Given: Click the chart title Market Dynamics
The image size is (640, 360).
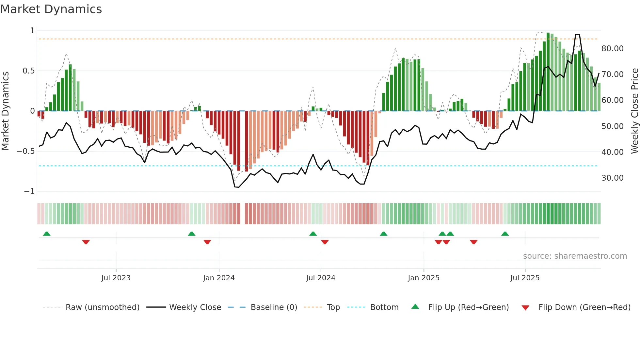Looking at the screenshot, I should pyautogui.click(x=51, y=9).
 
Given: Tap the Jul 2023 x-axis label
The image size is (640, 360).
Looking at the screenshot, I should pyautogui.click(x=116, y=278).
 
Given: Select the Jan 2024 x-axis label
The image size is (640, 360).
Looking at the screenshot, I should pyautogui.click(x=219, y=278).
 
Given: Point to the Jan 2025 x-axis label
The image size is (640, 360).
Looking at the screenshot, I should pyautogui.click(x=424, y=278).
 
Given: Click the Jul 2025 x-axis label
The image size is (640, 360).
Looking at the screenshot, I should pyautogui.click(x=525, y=278).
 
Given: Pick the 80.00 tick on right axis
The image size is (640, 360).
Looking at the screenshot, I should pyautogui.click(x=612, y=49).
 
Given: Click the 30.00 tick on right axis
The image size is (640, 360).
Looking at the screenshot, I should pyautogui.click(x=612, y=178).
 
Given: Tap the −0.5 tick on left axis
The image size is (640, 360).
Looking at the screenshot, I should pyautogui.click(x=25, y=151).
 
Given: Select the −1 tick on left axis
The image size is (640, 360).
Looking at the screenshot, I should pyautogui.click(x=29, y=191).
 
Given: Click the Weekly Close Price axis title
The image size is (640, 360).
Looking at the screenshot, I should pyautogui.click(x=634, y=111).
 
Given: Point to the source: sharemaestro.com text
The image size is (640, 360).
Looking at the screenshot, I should pyautogui.click(x=575, y=256).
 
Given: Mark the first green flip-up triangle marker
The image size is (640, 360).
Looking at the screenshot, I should pyautogui.click(x=47, y=234).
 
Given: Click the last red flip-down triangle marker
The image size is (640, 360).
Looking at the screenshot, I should pyautogui.click(x=474, y=242).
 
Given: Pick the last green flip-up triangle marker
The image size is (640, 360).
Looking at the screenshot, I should pyautogui.click(x=505, y=234).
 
